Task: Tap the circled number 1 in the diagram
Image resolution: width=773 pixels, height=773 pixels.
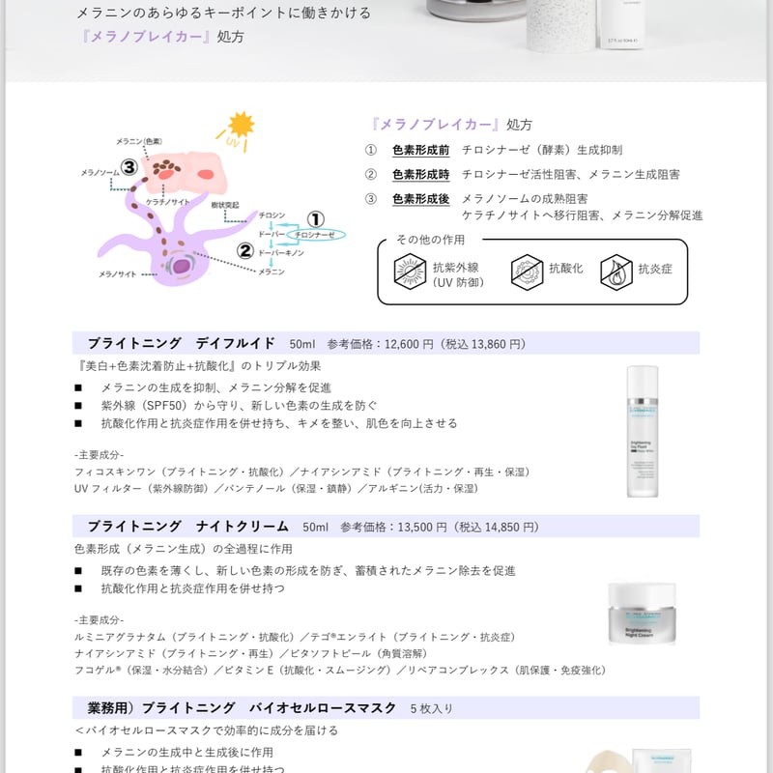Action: (x=316, y=219)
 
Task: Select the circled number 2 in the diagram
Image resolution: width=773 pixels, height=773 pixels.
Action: (x=245, y=251)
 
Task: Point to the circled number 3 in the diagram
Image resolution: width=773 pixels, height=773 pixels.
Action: (x=129, y=167)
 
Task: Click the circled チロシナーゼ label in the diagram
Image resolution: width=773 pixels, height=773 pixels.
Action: (x=315, y=235)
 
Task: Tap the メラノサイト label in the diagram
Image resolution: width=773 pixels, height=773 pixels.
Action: (x=117, y=274)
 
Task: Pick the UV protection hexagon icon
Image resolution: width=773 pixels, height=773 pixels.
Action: (x=410, y=272)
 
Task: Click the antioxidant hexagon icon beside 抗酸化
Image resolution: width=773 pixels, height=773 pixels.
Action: (x=526, y=271)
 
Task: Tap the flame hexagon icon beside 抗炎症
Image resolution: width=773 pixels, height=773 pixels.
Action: (x=616, y=271)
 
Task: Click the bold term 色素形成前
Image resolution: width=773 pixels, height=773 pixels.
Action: (x=420, y=150)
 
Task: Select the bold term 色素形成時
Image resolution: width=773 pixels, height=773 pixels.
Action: (x=420, y=174)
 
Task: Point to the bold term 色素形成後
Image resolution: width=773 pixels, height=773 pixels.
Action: (x=420, y=198)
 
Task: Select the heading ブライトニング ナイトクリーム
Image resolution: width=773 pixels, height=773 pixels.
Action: (x=187, y=527)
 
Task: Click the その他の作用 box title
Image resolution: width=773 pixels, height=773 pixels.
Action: (x=430, y=240)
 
